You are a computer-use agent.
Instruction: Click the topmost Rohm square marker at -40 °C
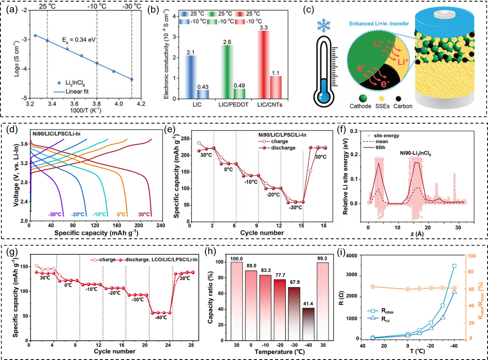pyautogui.click(x=454, y=266)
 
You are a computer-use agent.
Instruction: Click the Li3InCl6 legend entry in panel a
pyautogui.click(x=74, y=83)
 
